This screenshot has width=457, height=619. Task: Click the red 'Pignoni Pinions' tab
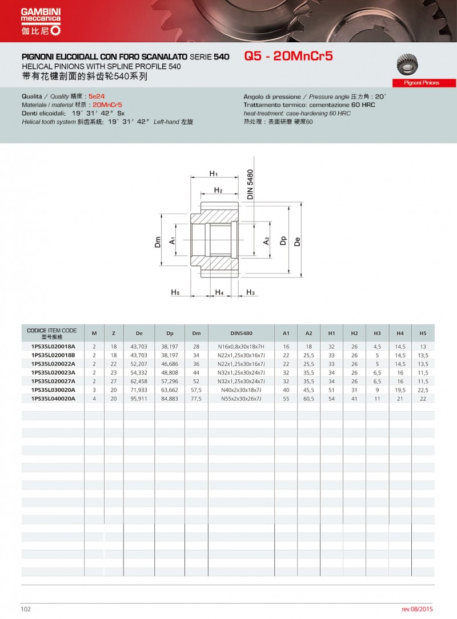tap(422, 83)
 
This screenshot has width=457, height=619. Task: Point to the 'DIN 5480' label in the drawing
tap(250, 184)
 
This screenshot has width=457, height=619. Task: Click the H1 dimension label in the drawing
tap(214, 173)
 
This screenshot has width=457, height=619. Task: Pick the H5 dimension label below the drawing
tap(175, 292)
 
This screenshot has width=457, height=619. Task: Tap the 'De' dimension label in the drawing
tap(297, 241)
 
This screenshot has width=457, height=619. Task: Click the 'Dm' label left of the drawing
tap(158, 242)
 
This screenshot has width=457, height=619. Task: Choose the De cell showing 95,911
tap(139, 399)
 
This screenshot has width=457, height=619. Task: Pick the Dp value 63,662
tap(170, 390)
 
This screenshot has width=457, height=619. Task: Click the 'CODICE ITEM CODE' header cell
tap(52, 333)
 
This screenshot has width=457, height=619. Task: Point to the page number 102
tap(26, 609)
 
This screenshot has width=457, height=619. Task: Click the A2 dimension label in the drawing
tap(267, 241)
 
